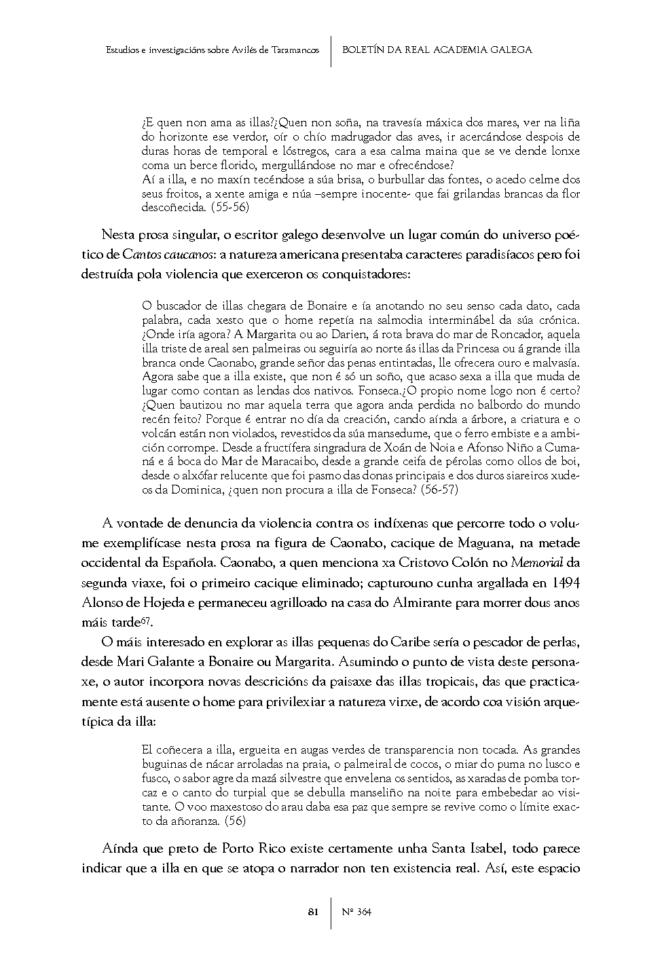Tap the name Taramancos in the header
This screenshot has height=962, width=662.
coord(295,50)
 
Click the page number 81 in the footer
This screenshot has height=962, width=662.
coord(313,912)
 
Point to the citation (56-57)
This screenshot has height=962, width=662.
coord(438,489)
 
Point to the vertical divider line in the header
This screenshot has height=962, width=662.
coord(331,50)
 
